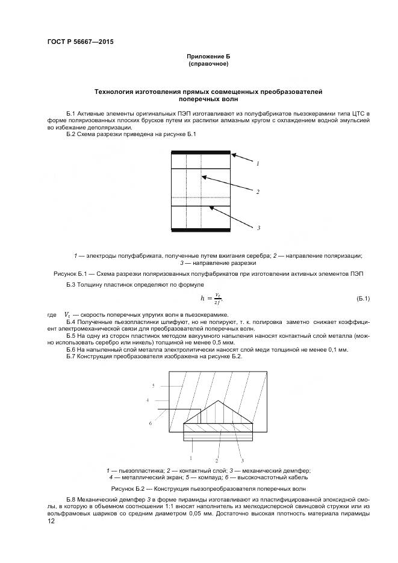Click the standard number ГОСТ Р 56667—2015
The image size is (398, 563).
[80, 42]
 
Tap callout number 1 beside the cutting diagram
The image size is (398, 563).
[258, 163]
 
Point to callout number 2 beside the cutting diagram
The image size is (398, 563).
[258, 192]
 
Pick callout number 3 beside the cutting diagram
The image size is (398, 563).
[258, 228]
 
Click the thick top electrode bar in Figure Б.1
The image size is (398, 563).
[201, 152]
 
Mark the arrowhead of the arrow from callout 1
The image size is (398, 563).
[232, 154]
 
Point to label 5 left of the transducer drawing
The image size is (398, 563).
[154, 385]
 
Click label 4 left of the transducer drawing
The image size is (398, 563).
[148, 400]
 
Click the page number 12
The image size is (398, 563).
[51, 521]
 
